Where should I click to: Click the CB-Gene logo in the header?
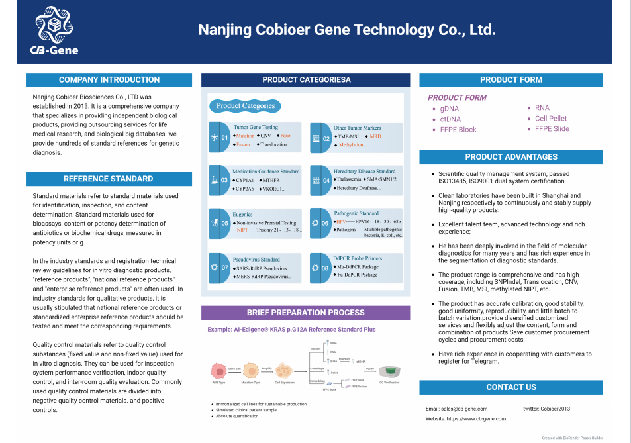54,30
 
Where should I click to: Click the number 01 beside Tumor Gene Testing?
224,138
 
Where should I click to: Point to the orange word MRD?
375,136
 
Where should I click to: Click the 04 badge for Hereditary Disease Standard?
326,180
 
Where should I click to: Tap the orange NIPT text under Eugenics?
242,230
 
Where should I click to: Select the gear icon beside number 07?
214,268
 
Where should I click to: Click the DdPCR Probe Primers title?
358,258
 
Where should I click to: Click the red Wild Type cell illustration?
218,371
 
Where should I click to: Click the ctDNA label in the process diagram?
361,362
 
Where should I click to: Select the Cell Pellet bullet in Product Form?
551,119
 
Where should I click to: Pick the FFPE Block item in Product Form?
458,130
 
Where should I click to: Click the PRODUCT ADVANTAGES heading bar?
511,157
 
